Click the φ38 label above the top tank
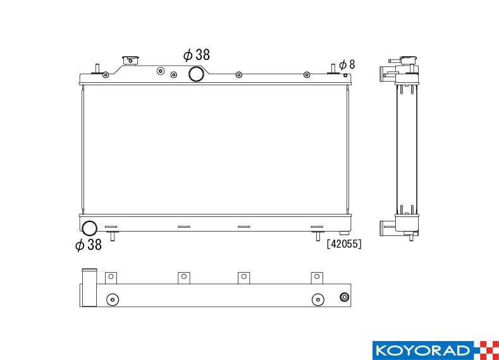click(x=196, y=55)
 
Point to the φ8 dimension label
click(x=347, y=65)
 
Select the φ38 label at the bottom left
click(x=88, y=245)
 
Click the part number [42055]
click(x=344, y=244)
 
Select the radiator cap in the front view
click(x=132, y=61)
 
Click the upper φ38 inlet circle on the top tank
click(x=197, y=74)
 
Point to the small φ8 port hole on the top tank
click(x=345, y=76)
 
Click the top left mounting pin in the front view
click(x=97, y=69)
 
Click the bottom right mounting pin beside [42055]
click(x=317, y=236)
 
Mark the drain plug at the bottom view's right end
click(x=345, y=298)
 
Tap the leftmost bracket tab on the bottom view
click(x=111, y=277)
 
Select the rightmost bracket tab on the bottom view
click(x=317, y=277)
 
